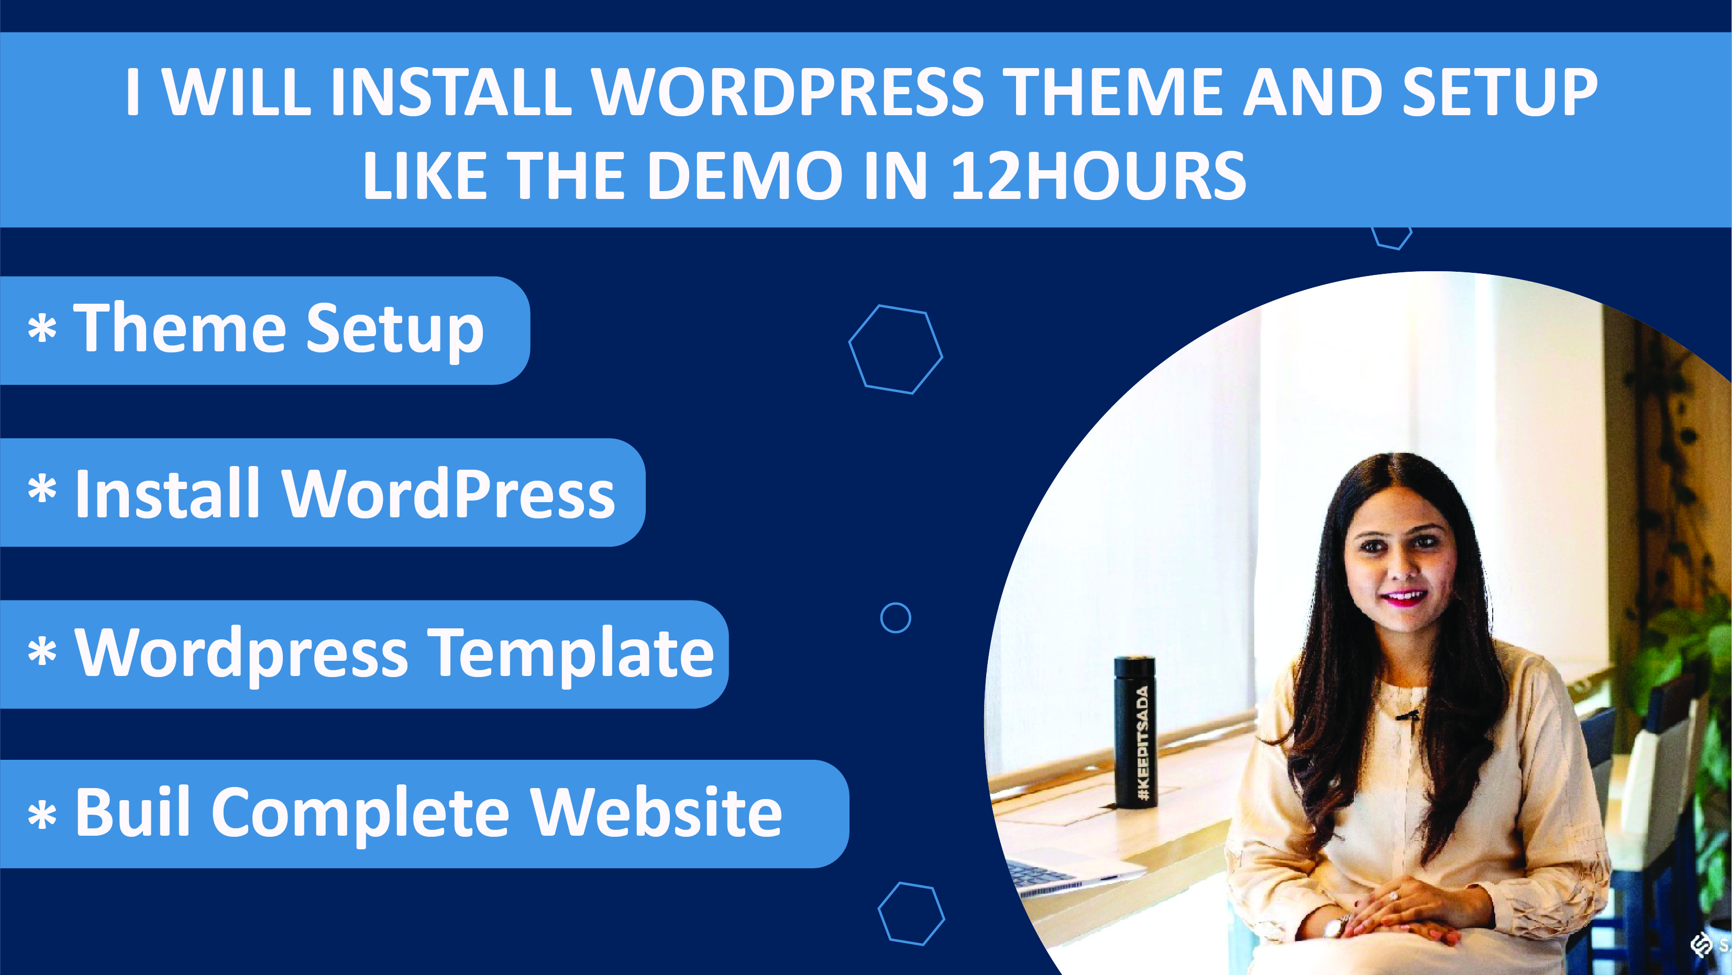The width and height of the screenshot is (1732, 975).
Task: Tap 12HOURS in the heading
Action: (x=1099, y=175)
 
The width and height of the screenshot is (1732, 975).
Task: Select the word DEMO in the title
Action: (x=744, y=175)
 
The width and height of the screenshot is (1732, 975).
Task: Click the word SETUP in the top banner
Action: (x=1500, y=92)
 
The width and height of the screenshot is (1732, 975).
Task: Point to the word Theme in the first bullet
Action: (x=180, y=327)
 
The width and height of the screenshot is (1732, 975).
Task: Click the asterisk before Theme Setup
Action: (x=42, y=329)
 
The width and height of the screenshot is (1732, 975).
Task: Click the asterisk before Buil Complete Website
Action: (x=42, y=815)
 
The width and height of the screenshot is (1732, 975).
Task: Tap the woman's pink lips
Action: (x=1405, y=596)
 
